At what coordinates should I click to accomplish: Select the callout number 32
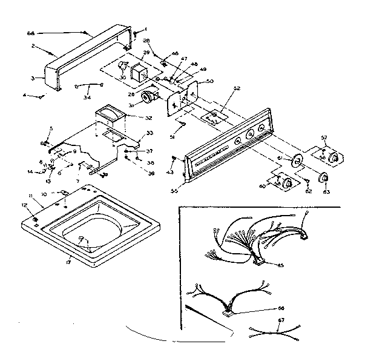pyautogui.click(x=148, y=117)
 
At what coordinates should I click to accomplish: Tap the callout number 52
pyautogui.click(x=237, y=88)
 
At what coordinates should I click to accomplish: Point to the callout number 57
pyautogui.click(x=324, y=138)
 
